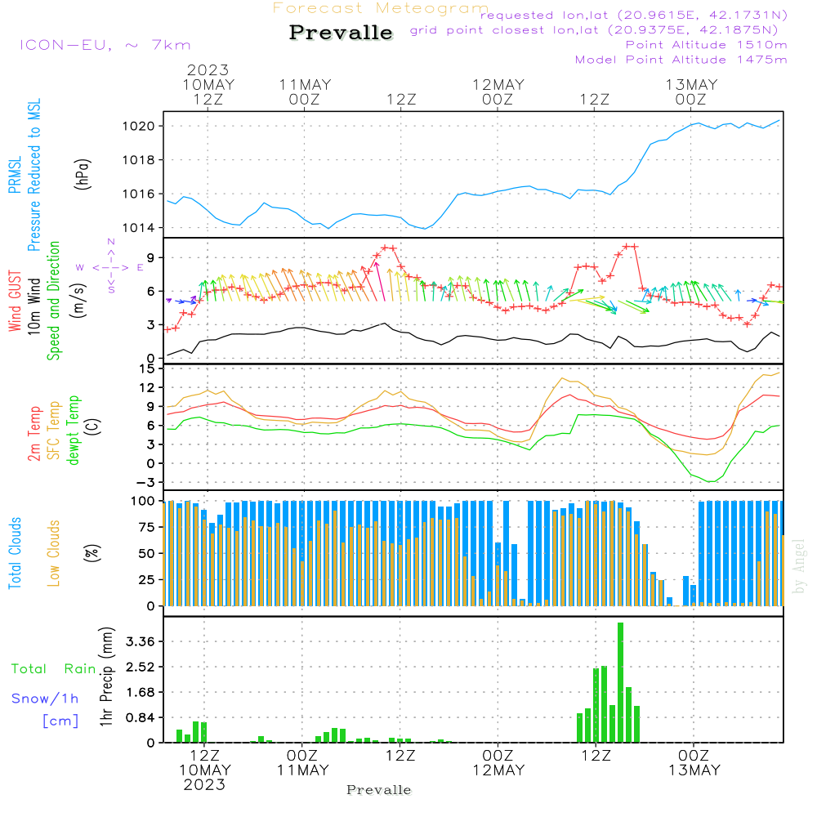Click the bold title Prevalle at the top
pos(341,33)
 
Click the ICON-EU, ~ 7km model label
pos(105,45)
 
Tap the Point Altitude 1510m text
pos(707,45)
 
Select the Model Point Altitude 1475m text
pos(681,60)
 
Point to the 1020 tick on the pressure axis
pos(140,126)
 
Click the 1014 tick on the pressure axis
pos(140,228)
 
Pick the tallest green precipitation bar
pos(621,682)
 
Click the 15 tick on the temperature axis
pos(148,368)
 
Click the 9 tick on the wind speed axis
pos(151,257)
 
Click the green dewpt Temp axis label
pos(73,431)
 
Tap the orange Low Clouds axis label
pos(54,552)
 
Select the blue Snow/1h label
pos(46,699)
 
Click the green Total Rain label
pos(54,669)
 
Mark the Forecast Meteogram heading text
pos(381,8)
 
